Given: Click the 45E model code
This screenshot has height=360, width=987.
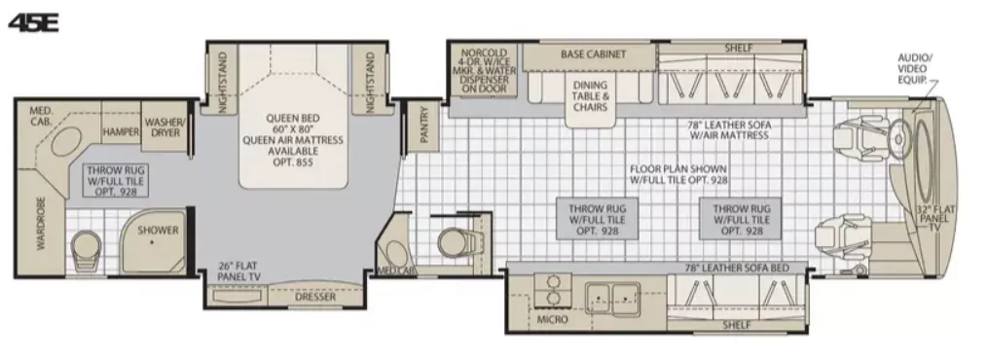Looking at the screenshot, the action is tap(33, 22).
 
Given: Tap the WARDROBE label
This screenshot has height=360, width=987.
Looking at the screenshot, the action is tap(42, 224).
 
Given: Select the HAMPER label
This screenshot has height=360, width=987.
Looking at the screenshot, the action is tap(122, 131).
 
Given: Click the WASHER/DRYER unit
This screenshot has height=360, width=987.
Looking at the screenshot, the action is tap(164, 127).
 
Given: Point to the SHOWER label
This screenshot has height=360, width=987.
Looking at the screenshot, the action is tap(158, 230).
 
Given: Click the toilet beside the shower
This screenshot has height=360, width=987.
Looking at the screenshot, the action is tap(86, 249).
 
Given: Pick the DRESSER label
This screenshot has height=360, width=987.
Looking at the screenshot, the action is tap(315, 297).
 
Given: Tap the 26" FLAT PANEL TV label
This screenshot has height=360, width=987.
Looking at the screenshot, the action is tap(239, 270).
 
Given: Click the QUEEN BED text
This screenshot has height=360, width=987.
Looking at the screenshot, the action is tap(293, 118).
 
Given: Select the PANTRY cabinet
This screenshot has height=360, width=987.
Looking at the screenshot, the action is tap(423, 125).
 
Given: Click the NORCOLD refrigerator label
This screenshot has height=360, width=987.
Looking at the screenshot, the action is tap(484, 70).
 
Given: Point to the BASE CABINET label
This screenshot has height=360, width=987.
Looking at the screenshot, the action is tap(594, 54).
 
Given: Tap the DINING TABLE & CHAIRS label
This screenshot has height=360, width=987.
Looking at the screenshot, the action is tap(591, 95).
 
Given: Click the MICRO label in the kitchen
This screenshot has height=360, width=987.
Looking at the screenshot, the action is tap(552, 319).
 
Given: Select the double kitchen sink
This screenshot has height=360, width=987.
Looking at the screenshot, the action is tap(612, 298).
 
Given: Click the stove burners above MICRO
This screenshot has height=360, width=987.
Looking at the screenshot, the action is tap(553, 290).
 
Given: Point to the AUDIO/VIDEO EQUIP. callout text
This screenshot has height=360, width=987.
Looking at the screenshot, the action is tap(914, 69).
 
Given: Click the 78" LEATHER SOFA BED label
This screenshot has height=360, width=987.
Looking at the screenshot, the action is tap(737, 269).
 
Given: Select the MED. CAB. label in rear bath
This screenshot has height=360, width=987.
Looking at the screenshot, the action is tap(41, 116).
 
